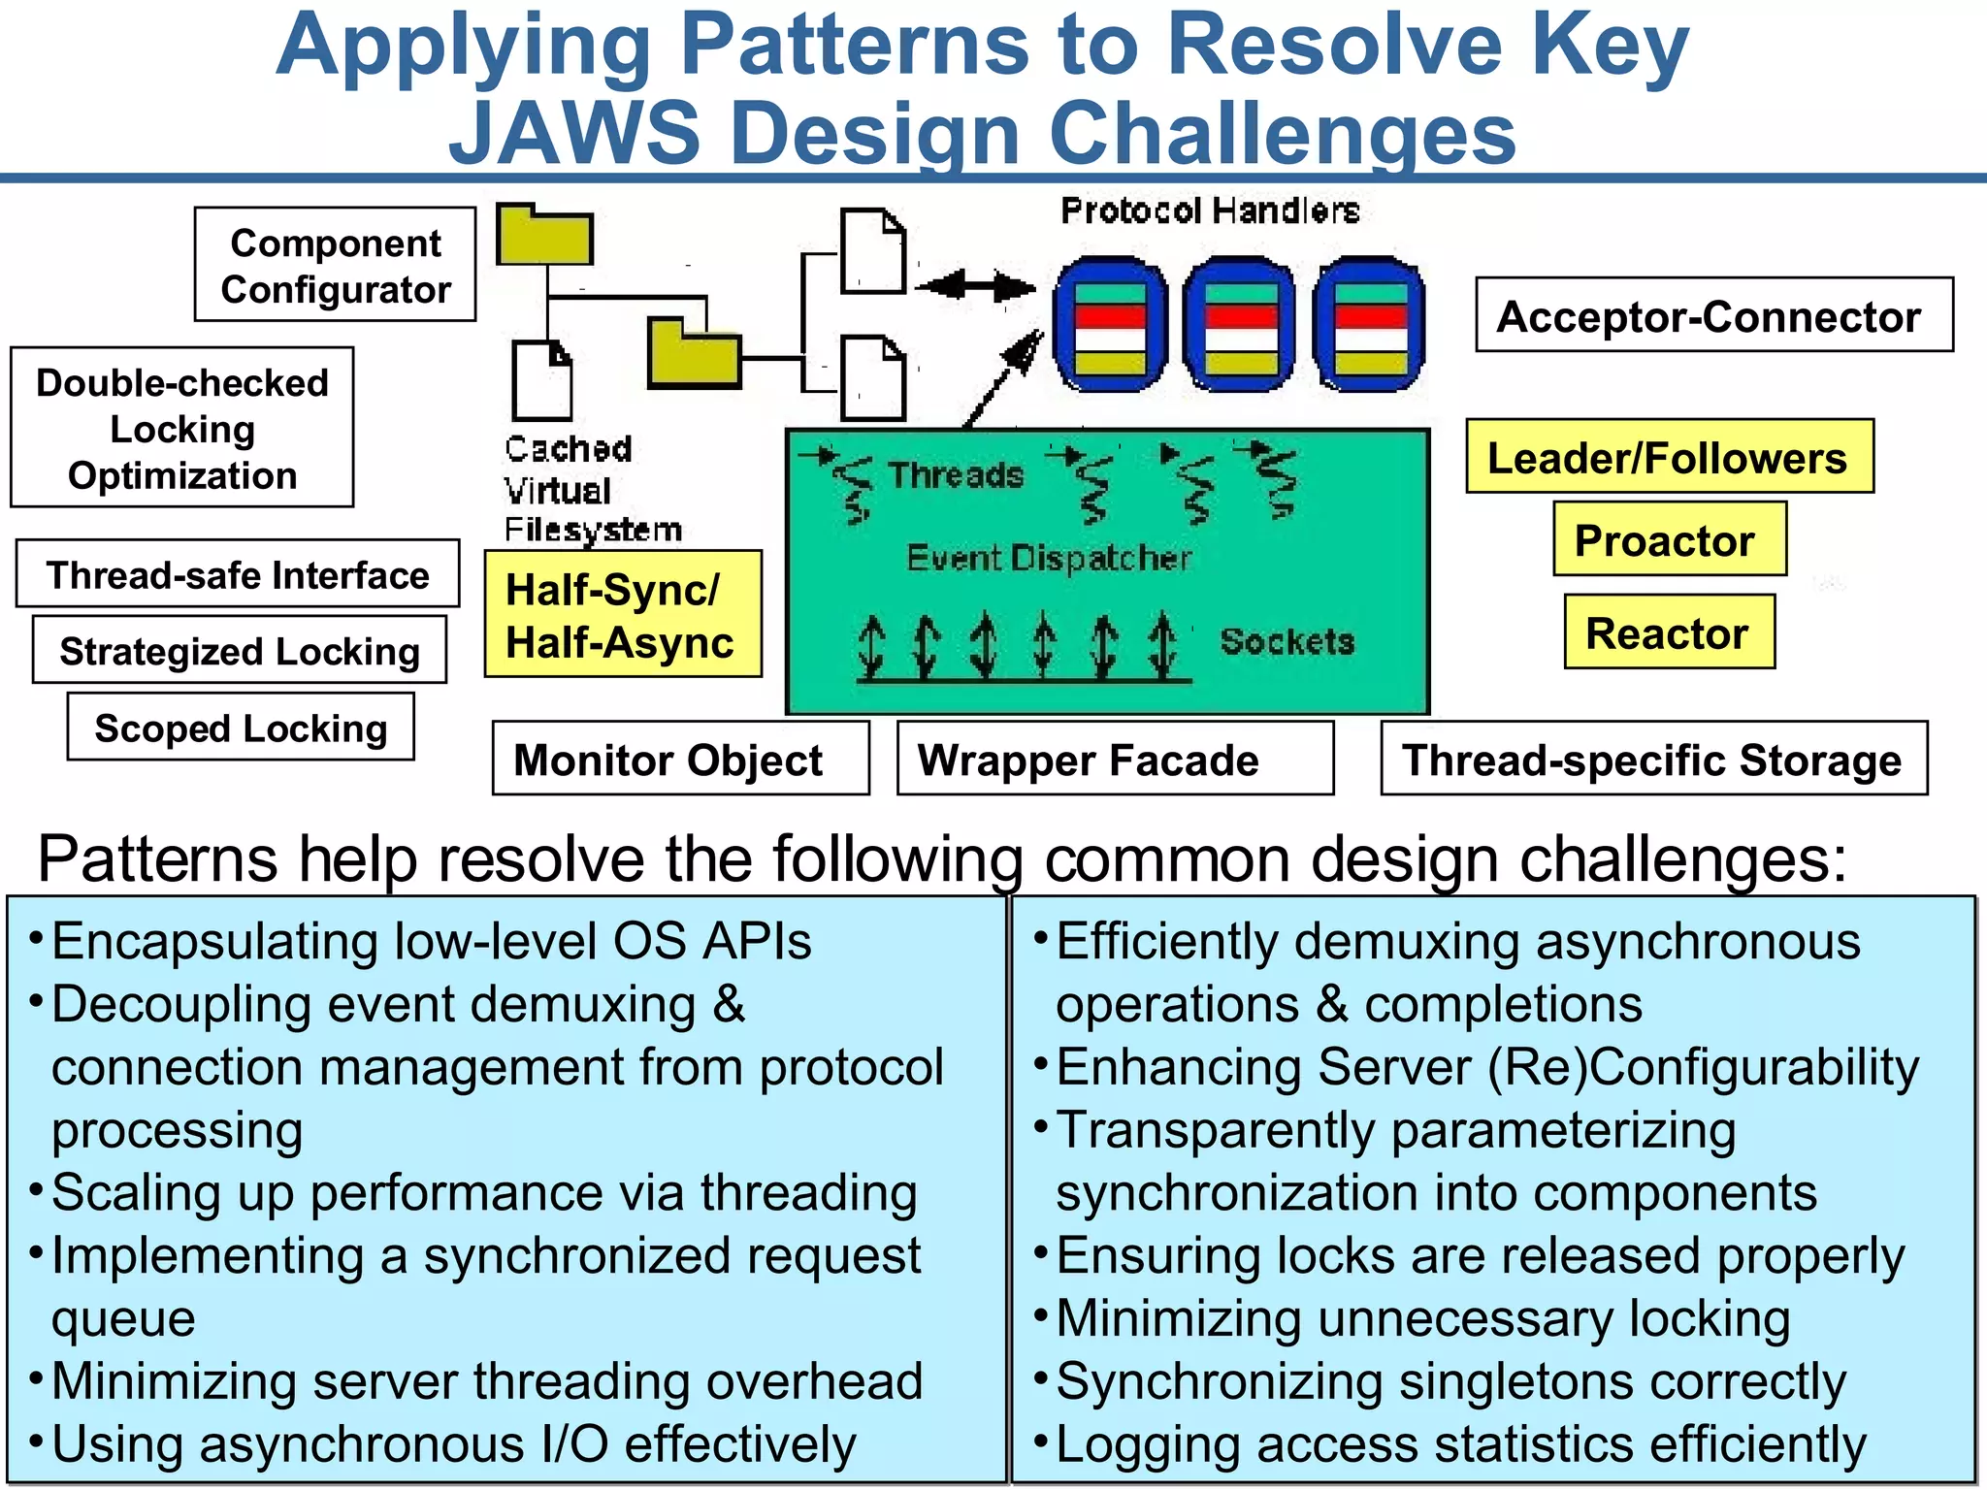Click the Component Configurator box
pyautogui.click(x=335, y=265)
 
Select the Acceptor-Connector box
pyautogui.click(x=1713, y=315)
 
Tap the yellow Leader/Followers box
pyautogui.click(x=1669, y=457)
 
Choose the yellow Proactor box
pyautogui.click(x=1669, y=539)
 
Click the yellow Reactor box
pyautogui.click(x=1669, y=632)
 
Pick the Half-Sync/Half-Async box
pyautogui.click(x=623, y=615)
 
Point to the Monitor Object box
pyautogui.click(x=680, y=759)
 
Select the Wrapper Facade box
pyautogui.click(x=1114, y=759)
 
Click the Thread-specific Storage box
pyautogui.click(x=1653, y=759)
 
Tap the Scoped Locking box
pyautogui.click(x=241, y=728)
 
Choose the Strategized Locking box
pyautogui.click(x=240, y=650)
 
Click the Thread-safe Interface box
pyautogui.click(x=238, y=574)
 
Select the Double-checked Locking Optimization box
pyautogui.click(x=182, y=428)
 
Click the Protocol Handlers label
pyautogui.click(x=1210, y=211)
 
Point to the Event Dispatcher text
pyautogui.click(x=1048, y=558)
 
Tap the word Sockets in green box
pyautogui.click(x=1287, y=641)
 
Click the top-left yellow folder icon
pyautogui.click(x=544, y=236)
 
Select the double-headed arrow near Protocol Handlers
pyautogui.click(x=974, y=286)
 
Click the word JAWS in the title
pyautogui.click(x=574, y=133)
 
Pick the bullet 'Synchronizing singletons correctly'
pyautogui.click(x=1450, y=1381)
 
